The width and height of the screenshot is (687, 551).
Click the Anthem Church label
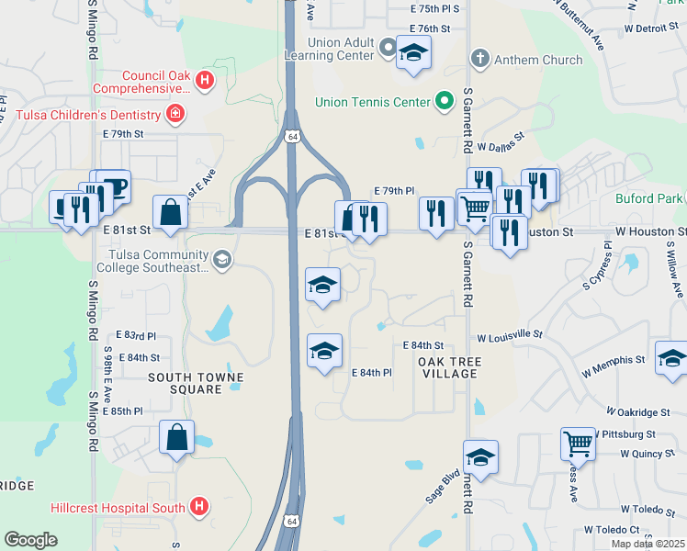click(x=538, y=60)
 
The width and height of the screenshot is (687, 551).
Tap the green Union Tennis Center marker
click(x=445, y=102)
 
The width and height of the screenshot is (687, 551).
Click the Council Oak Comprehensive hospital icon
click(x=205, y=82)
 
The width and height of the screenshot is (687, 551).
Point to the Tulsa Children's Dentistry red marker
click(x=174, y=115)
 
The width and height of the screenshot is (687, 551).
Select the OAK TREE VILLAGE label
click(x=448, y=367)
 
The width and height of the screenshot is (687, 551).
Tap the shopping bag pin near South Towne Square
click(x=176, y=439)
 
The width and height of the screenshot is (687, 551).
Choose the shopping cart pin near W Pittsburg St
click(x=578, y=444)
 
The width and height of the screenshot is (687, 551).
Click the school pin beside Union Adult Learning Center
click(x=413, y=54)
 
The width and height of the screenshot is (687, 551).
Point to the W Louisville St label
click(x=510, y=337)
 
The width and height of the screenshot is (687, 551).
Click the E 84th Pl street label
click(x=372, y=372)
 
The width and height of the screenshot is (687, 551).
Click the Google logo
click(x=30, y=539)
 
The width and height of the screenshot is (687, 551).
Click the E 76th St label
click(x=431, y=28)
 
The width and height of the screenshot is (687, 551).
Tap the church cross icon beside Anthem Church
click(x=479, y=60)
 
